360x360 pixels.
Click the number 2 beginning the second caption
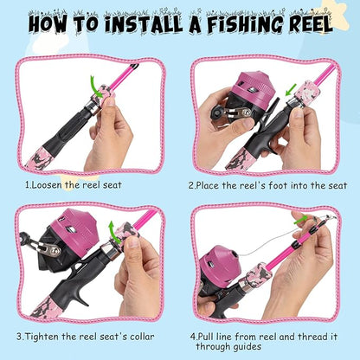(191, 184)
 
